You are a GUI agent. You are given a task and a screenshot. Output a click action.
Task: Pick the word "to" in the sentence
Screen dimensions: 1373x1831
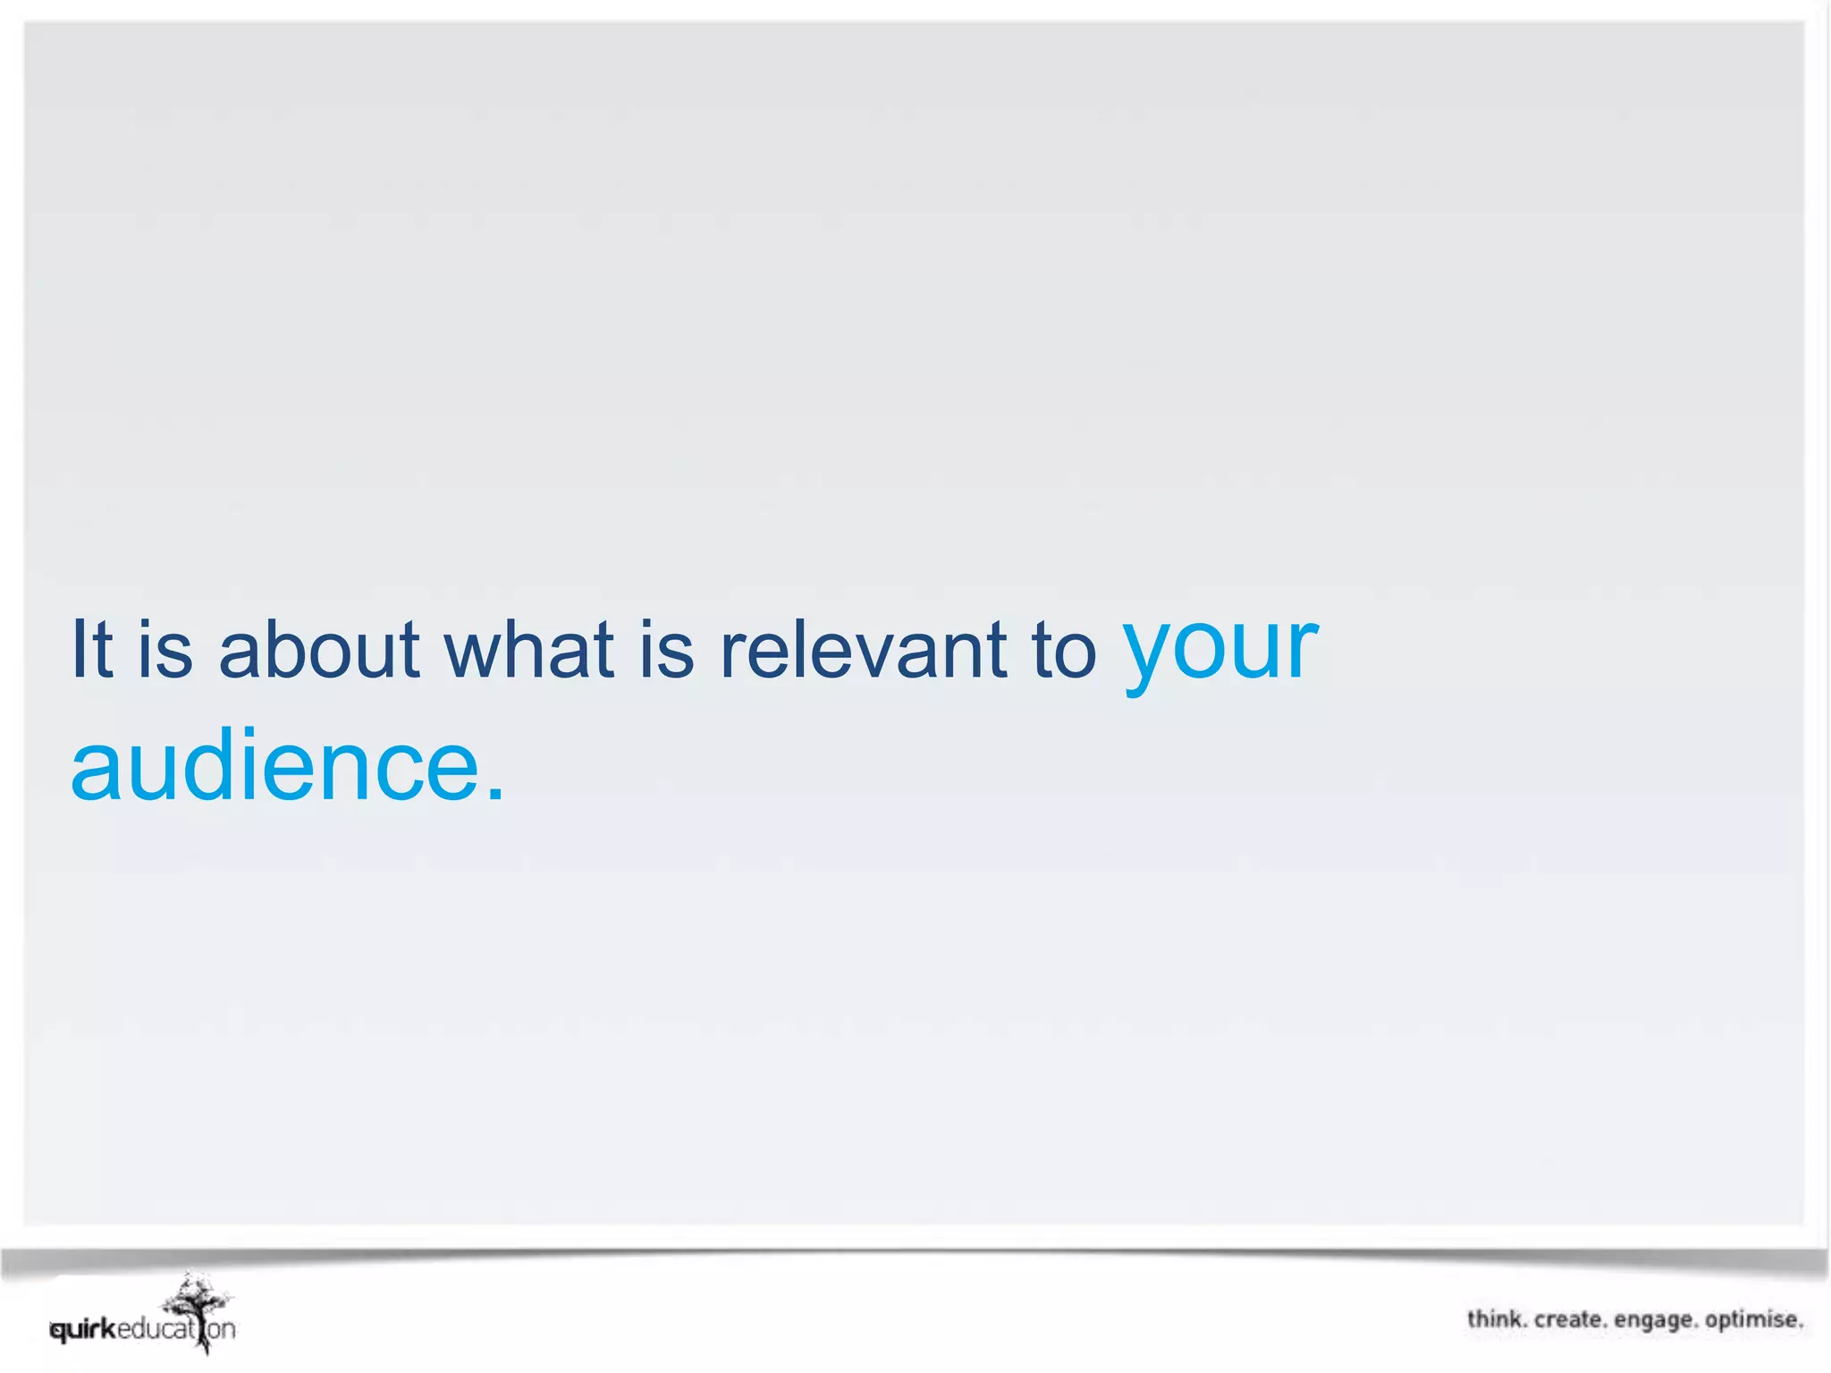(x=1064, y=650)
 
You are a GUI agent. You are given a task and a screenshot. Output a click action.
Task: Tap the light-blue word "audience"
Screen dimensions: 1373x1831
(x=275, y=767)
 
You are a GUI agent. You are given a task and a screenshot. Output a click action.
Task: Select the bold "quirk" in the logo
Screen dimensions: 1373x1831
(x=83, y=1330)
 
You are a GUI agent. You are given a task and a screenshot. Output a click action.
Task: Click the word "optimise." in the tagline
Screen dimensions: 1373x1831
(x=1754, y=1320)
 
